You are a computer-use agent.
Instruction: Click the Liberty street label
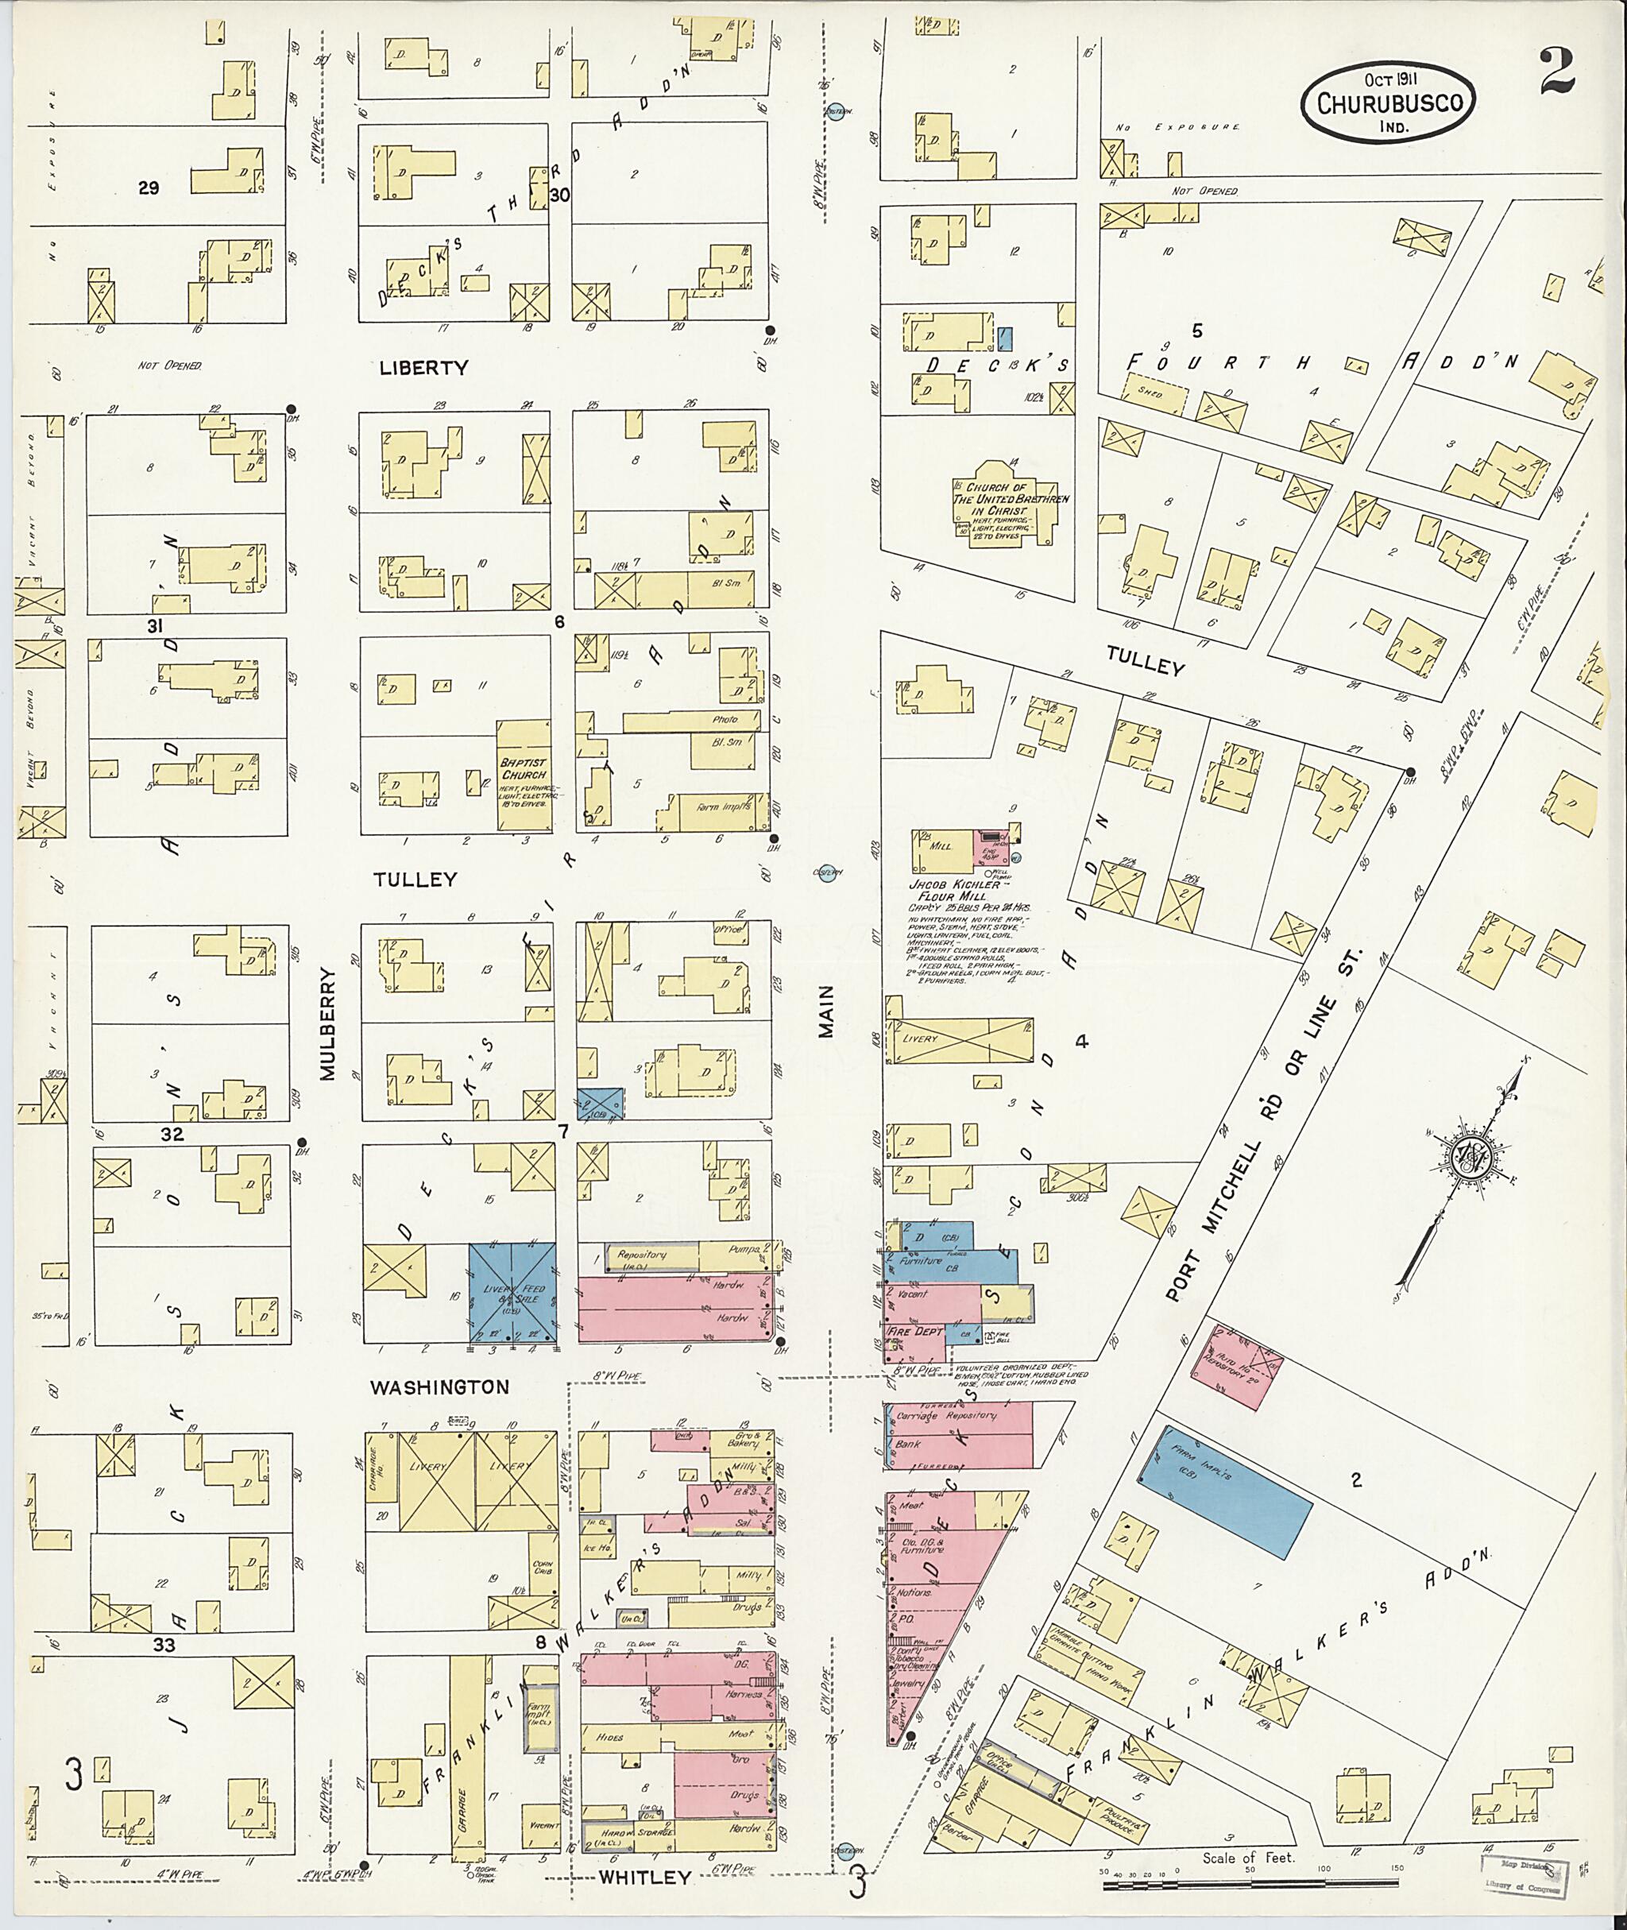coord(423,367)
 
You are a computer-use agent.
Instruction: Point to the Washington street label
coord(439,1387)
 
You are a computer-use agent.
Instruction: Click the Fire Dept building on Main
coord(913,1332)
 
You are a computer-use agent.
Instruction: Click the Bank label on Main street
coord(907,1445)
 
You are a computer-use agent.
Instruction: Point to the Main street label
coord(825,1011)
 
